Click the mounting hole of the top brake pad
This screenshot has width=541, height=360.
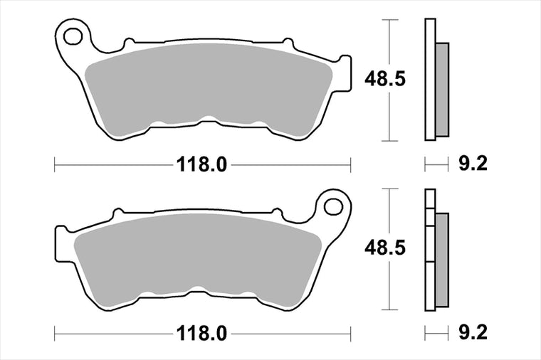tap(73, 36)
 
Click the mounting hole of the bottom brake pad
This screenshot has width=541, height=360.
tap(333, 206)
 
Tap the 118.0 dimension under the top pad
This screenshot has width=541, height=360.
tap(202, 165)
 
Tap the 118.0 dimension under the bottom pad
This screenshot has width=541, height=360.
tap(202, 334)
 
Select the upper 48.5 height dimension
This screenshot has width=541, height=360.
tap(385, 80)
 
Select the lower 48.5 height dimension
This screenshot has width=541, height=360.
tap(385, 248)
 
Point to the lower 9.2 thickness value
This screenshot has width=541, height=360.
tap(473, 332)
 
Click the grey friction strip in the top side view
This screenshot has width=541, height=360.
tap(442, 90)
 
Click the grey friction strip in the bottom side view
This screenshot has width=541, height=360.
tap(442, 260)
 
